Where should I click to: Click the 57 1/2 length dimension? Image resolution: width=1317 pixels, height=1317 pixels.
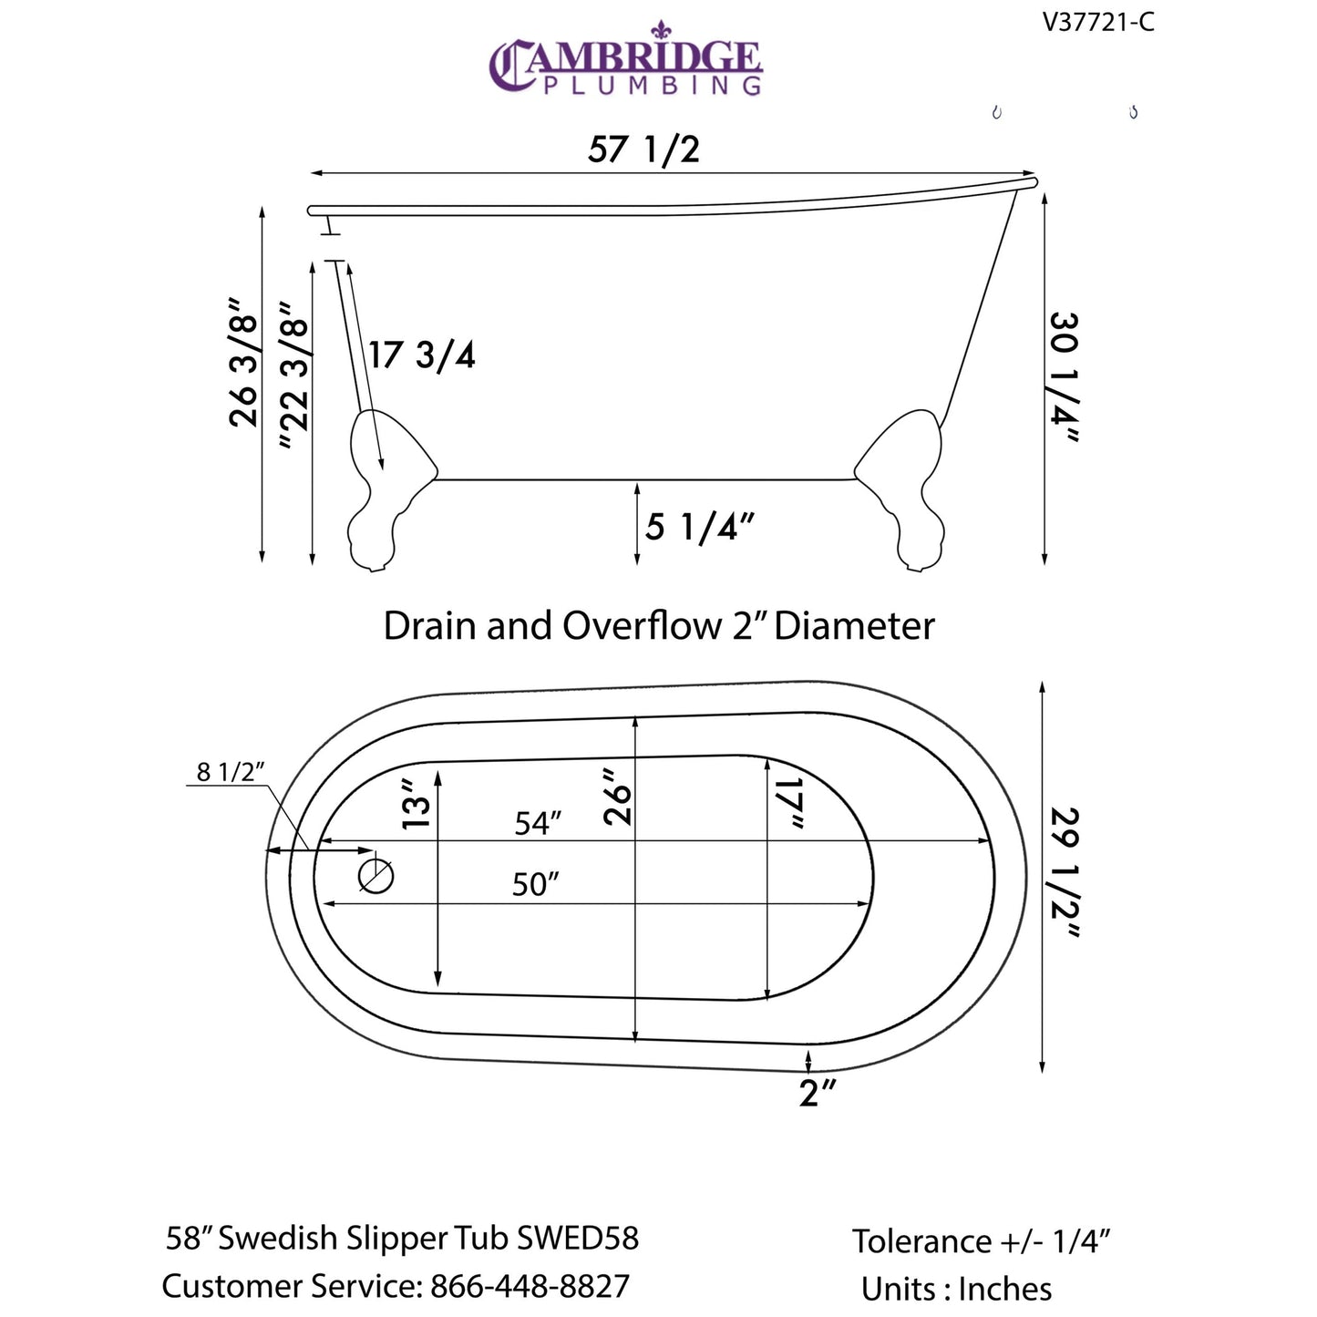click(643, 149)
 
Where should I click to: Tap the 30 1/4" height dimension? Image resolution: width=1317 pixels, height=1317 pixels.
click(1064, 377)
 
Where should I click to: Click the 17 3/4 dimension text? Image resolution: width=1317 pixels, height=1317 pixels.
click(422, 355)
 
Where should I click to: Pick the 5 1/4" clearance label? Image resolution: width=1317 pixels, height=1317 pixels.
click(699, 527)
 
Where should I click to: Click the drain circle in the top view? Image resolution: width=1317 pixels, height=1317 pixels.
click(376, 877)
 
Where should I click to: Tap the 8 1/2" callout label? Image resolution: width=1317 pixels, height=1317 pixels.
click(230, 772)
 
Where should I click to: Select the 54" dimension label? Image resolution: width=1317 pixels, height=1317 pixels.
click(537, 823)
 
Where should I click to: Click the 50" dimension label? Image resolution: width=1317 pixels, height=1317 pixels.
click(534, 884)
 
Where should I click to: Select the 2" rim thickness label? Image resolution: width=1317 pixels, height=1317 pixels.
click(817, 1092)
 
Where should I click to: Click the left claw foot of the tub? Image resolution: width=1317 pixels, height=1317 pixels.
click(383, 492)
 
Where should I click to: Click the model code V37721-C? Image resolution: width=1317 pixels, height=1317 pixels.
click(1098, 22)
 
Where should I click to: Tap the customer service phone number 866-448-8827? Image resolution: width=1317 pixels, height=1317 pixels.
click(530, 1286)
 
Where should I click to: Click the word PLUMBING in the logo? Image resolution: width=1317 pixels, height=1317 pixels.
click(652, 86)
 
